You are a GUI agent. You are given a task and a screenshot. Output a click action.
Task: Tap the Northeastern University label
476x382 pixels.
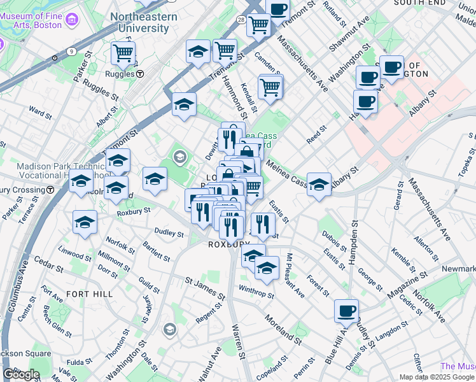pyautogui.click(x=144, y=22)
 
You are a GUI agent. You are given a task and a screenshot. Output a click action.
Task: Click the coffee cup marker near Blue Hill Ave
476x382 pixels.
pyautogui.click(x=346, y=311)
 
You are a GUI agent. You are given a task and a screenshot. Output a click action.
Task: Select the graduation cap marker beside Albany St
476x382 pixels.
pyautogui.click(x=319, y=185)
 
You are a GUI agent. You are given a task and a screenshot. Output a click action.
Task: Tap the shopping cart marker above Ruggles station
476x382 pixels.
pyautogui.click(x=123, y=53)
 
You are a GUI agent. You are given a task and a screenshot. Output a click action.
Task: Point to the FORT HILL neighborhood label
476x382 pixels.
pyautogui.click(x=89, y=294)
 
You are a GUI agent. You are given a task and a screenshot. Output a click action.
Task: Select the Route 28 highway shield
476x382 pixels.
pyautogui.click(x=242, y=20)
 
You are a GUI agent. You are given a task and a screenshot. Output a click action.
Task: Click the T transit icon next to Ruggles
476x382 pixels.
pyautogui.click(x=139, y=74)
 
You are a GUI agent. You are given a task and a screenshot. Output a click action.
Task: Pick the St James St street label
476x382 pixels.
pyautogui.click(x=205, y=288)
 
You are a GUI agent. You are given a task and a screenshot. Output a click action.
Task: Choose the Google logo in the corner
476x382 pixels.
pyautogui.click(x=22, y=374)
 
